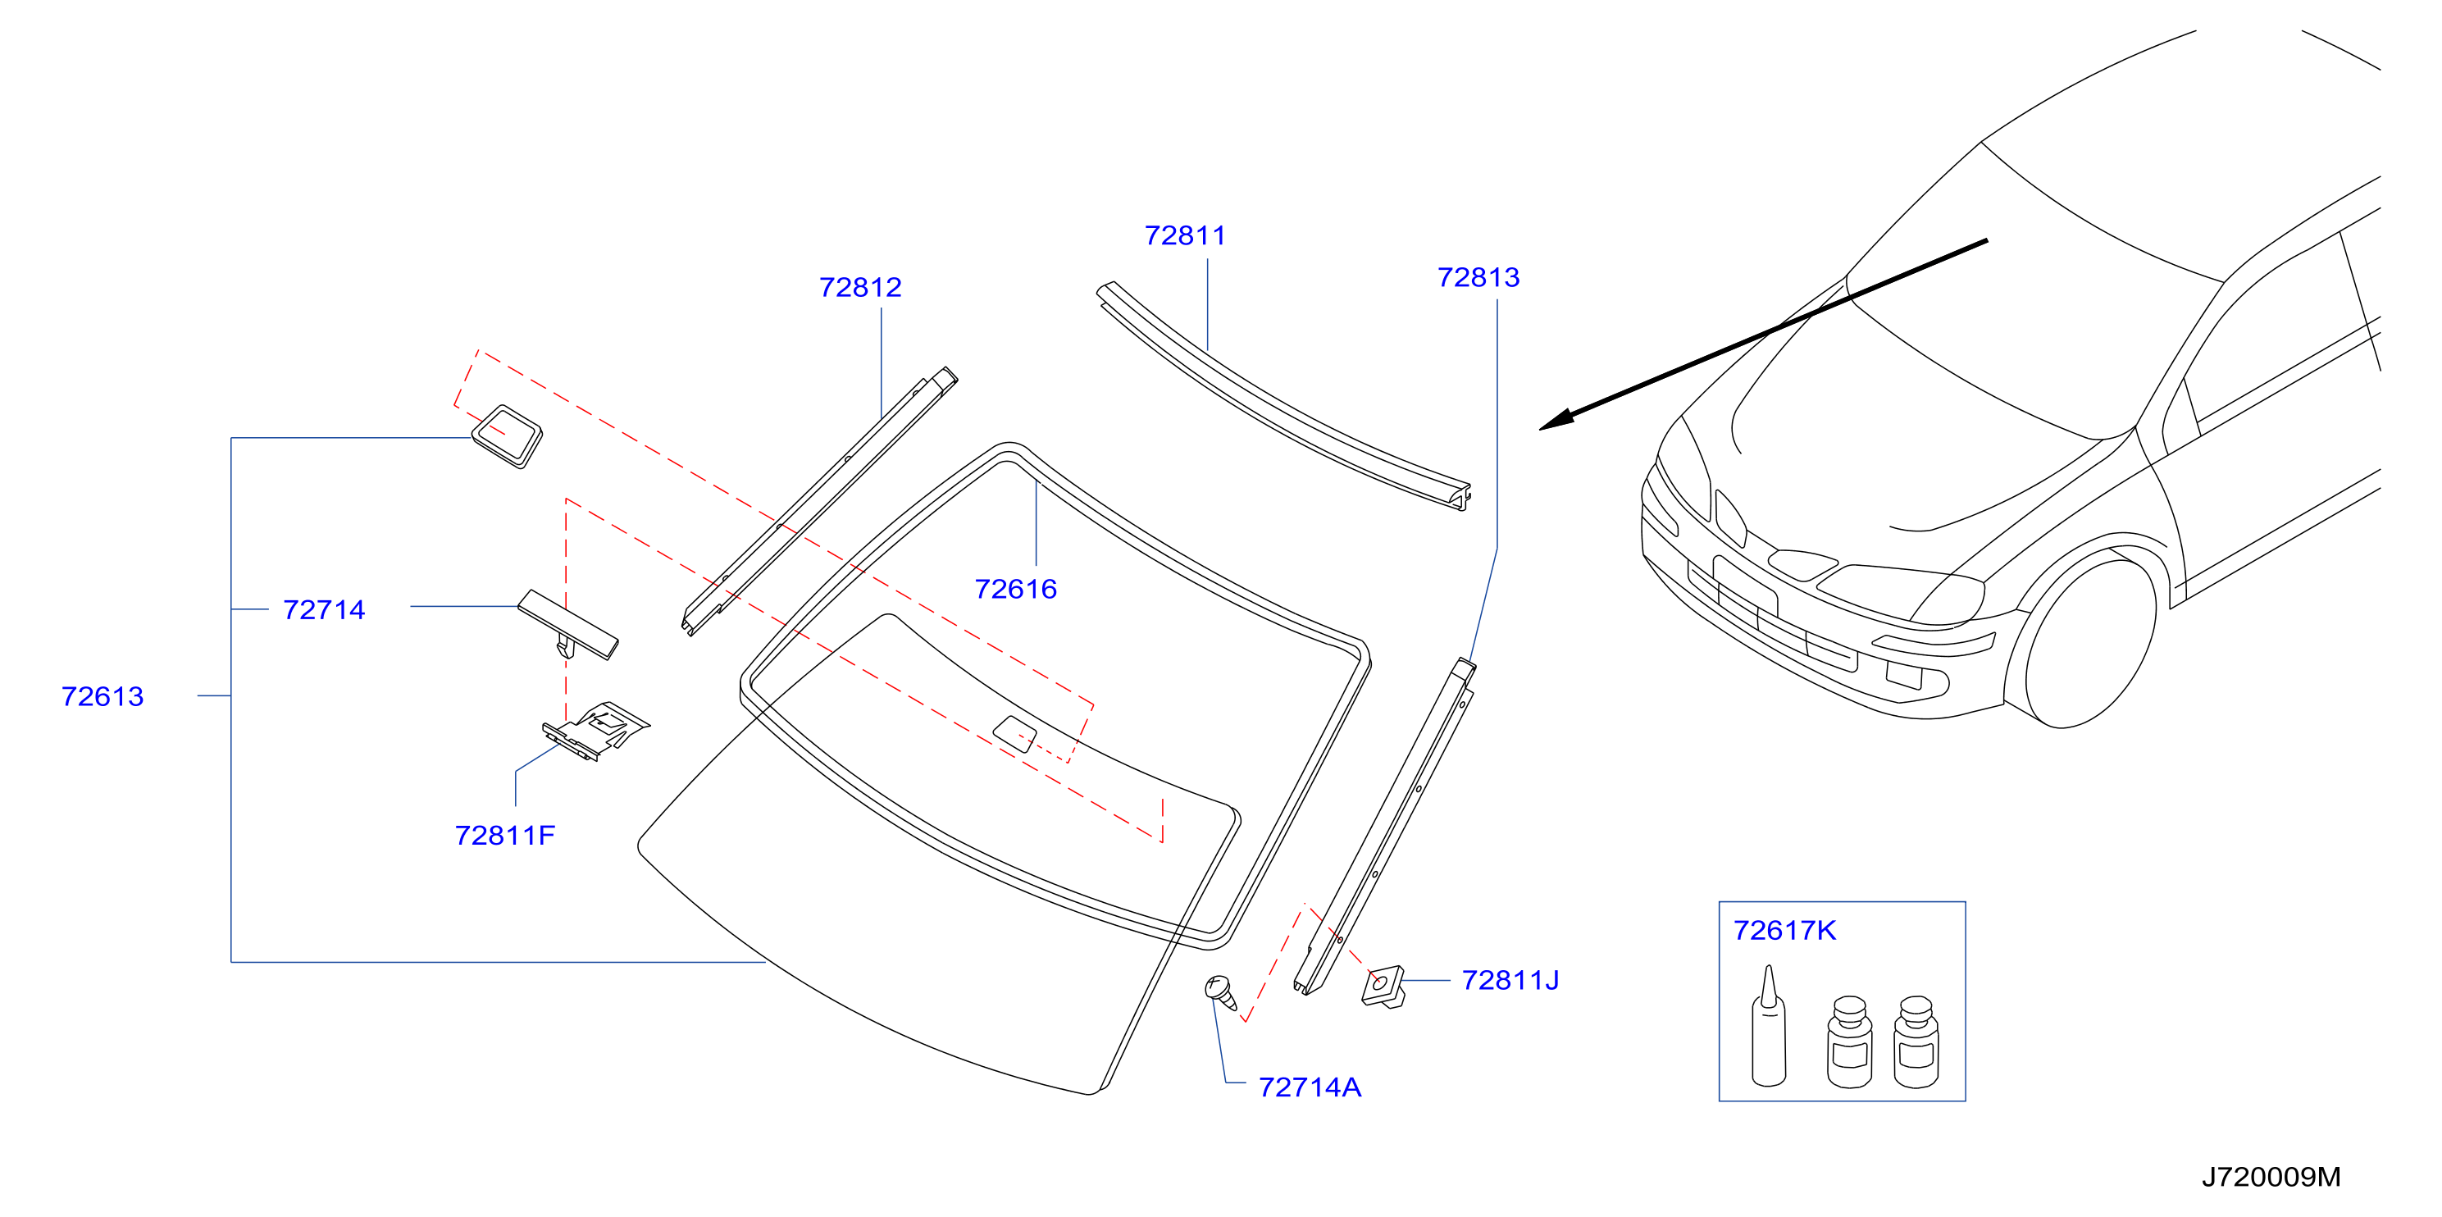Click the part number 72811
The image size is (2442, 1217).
point(1185,235)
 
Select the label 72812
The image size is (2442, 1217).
point(860,287)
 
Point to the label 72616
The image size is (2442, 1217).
point(1015,590)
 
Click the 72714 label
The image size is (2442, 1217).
point(323,610)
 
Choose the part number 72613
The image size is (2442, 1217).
point(103,696)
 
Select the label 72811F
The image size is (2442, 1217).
point(504,836)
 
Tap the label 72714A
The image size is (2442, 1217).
point(1310,1088)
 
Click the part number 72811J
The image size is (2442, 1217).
point(1510,981)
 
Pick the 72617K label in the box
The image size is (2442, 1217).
point(1784,932)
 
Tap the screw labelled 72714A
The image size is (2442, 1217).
point(1220,992)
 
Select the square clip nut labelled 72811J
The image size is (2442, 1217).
point(1383,987)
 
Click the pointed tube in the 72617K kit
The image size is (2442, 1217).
point(1769,1028)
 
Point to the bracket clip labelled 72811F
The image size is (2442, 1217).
point(595,731)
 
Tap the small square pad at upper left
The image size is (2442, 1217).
point(507,437)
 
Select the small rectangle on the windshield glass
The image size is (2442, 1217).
point(1014,735)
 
